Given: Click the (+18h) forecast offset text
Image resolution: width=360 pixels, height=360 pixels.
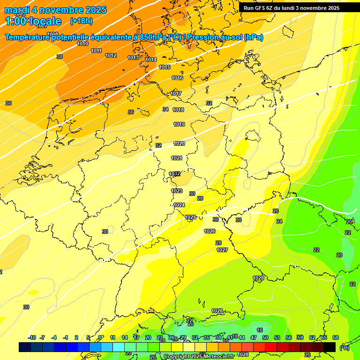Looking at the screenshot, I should pos(81,21).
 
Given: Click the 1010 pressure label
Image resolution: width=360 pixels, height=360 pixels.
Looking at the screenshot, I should pos(82,44).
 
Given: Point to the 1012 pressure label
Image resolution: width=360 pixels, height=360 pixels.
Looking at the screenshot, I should pos(111,55).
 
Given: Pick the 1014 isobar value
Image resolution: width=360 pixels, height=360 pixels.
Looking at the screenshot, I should pos(151,60).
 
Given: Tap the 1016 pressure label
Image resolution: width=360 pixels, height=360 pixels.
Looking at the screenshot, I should pos(177,78).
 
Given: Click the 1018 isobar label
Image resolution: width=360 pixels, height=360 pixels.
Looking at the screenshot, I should pos(178,110).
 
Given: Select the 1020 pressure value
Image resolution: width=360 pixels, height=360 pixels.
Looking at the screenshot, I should pos(179,143).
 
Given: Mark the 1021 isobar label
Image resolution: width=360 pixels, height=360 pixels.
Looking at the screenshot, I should pos(176,158).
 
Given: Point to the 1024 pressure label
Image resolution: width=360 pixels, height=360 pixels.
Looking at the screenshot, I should pos(179,205).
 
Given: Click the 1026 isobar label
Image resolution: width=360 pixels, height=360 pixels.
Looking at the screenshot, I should pos(210,231).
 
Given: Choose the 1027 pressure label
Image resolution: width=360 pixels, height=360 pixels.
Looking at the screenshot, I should pos(222,250).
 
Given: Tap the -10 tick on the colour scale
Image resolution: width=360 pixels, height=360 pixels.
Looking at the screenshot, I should pos(32,337).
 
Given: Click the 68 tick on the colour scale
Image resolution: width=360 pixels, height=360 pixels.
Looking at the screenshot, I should pos(336,337).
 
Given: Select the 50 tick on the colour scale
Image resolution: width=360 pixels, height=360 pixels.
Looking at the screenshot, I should pos(265,337).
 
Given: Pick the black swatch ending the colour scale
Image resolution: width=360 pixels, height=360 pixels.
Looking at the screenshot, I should pos(330,347).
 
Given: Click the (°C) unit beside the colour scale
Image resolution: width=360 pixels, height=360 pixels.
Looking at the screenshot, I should pos(344,347).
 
